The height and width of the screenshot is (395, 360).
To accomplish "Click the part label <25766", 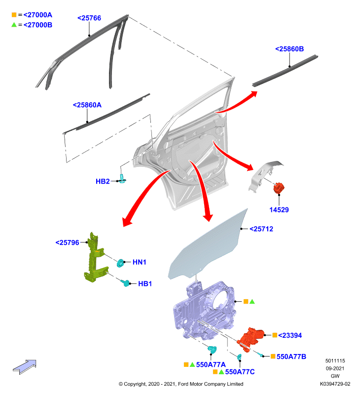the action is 89,18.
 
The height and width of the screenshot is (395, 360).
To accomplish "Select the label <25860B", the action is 289,49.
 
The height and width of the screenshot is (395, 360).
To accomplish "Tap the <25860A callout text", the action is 87,105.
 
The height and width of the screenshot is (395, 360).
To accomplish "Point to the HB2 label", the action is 103,181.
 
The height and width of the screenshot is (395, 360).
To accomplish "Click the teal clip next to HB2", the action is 122,178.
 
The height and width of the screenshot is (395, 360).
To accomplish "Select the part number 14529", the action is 279,210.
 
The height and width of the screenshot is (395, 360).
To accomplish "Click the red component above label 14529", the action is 279,188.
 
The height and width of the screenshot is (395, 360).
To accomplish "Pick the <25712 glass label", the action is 261,229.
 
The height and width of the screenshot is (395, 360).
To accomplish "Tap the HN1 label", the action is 140,262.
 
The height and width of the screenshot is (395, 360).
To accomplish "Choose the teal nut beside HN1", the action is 120,263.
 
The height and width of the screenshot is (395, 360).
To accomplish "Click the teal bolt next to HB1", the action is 126,283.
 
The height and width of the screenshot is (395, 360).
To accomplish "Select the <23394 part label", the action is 290,336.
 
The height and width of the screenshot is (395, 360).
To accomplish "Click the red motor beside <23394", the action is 251,339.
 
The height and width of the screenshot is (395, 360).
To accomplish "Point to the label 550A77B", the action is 291,356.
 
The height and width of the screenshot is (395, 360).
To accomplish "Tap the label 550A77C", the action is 240,372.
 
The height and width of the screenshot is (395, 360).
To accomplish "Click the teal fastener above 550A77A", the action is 212,350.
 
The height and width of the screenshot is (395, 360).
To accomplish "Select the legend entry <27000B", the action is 38,25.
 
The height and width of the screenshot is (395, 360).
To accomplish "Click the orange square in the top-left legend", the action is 14,15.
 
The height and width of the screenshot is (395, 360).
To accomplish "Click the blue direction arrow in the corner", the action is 25,367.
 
